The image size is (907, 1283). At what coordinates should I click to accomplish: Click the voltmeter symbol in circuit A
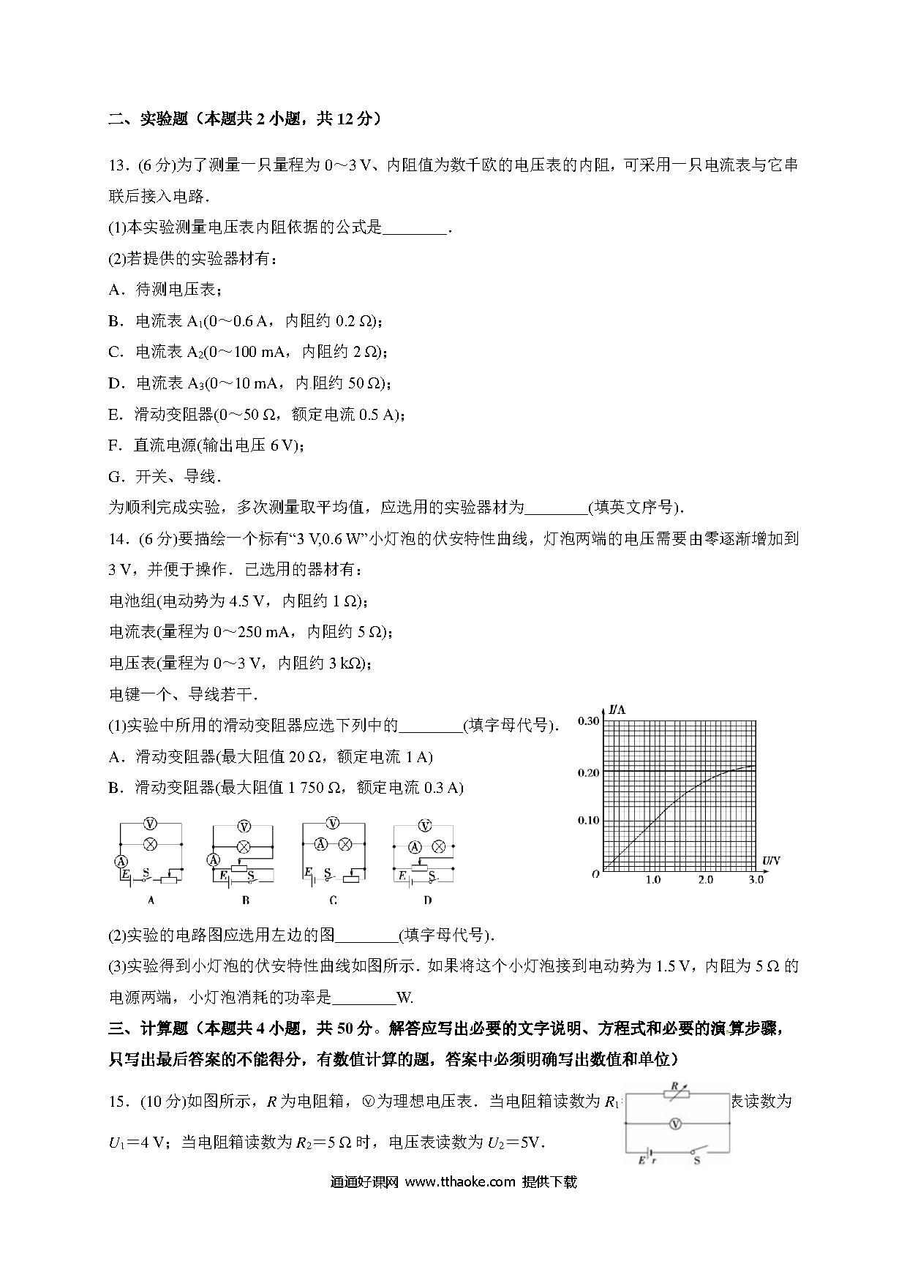click(150, 824)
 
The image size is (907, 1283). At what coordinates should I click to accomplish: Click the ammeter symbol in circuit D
click(415, 847)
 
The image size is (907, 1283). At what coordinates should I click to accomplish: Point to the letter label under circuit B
click(245, 900)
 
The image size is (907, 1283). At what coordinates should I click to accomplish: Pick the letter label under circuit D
click(428, 900)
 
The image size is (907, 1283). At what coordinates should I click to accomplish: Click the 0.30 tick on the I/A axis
click(588, 721)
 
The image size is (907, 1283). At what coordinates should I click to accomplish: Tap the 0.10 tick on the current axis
click(588, 820)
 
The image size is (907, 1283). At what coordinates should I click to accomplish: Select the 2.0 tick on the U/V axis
click(705, 880)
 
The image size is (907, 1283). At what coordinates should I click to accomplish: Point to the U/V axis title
click(771, 861)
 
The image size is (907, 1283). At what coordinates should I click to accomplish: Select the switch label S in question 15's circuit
click(696, 1160)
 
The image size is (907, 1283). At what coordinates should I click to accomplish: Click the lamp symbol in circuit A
click(150, 843)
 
